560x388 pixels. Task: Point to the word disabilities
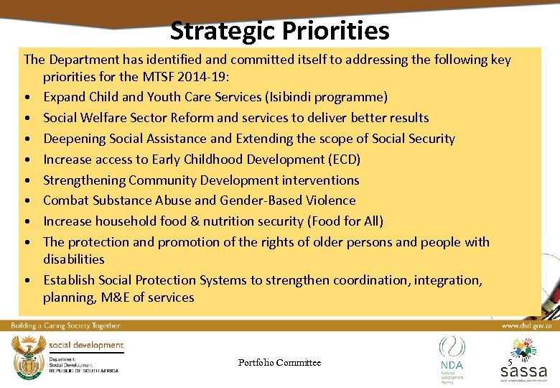[x=73, y=259]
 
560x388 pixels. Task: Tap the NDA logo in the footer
[x=452, y=355]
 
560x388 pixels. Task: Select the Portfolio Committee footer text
[x=279, y=363]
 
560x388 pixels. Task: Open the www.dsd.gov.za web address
[x=526, y=325]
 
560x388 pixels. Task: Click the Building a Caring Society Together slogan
[x=65, y=325]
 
